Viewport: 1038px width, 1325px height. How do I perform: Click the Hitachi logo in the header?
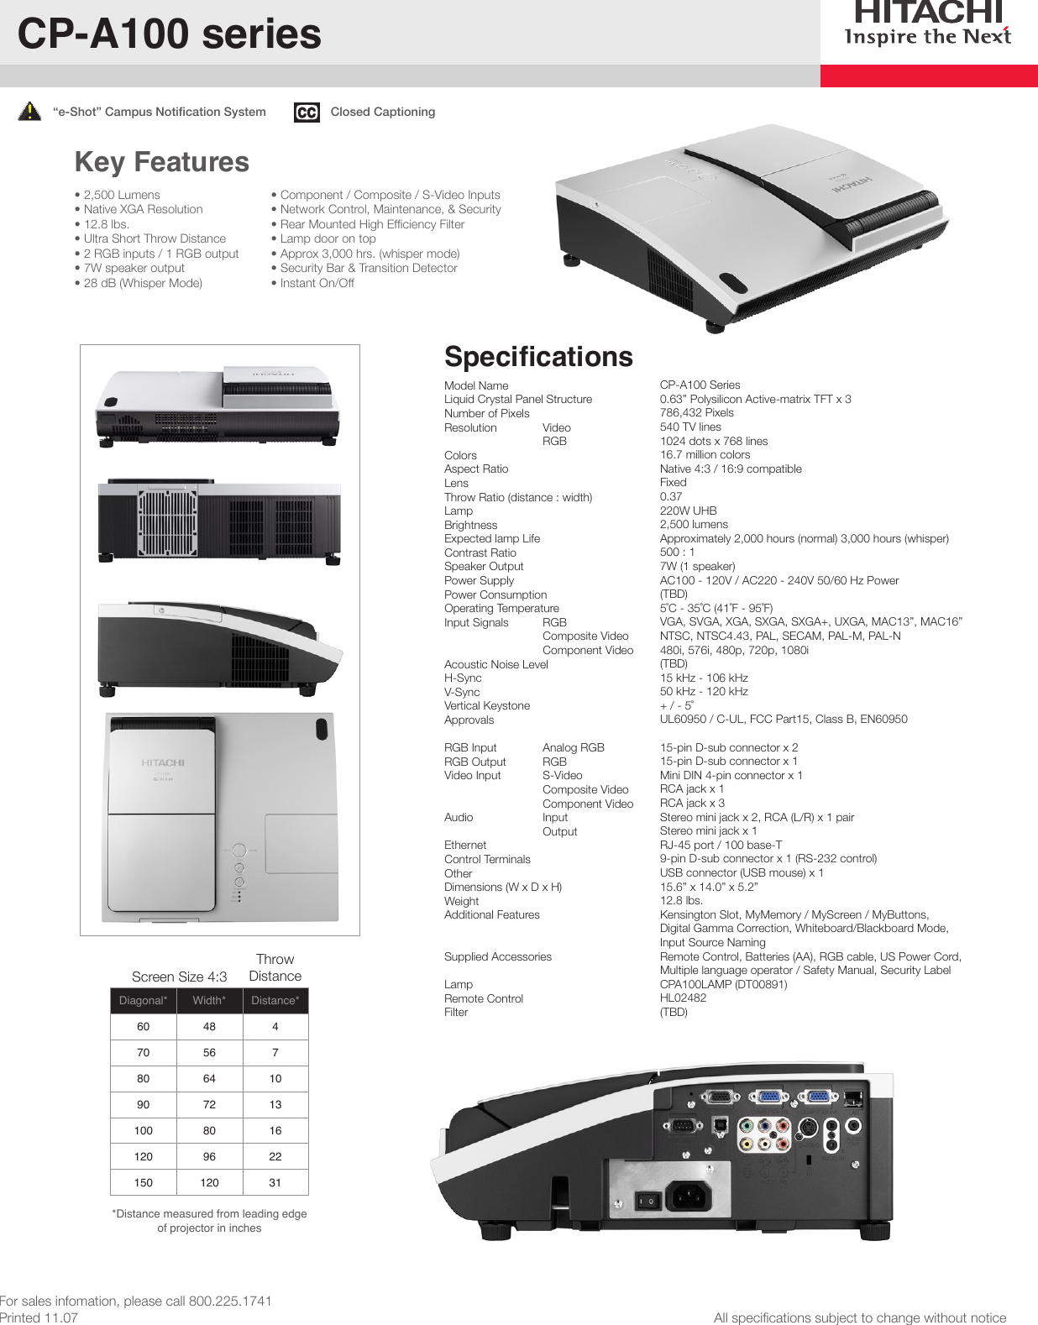[x=928, y=24]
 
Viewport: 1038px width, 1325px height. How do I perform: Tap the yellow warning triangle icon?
[x=29, y=111]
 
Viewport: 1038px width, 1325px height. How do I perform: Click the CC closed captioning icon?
[x=307, y=112]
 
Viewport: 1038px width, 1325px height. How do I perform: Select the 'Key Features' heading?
[x=162, y=161]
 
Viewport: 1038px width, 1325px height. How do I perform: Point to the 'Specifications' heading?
[x=538, y=356]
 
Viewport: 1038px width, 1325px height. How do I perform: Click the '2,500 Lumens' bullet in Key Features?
[x=122, y=195]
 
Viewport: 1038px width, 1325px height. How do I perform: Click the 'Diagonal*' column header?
[x=143, y=1000]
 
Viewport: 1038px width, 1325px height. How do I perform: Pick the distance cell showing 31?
[x=275, y=1182]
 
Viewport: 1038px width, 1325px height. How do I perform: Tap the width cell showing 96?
[x=209, y=1156]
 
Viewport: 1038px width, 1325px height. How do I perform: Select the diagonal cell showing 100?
[x=143, y=1130]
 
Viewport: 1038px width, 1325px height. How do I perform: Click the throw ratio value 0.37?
[x=671, y=496]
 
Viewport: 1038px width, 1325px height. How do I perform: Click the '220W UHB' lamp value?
[x=688, y=511]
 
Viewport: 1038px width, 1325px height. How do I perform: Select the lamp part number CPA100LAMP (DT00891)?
[x=723, y=984]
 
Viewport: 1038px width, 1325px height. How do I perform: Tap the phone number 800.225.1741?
[x=230, y=1301]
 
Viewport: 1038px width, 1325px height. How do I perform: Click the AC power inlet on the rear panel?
[x=689, y=1196]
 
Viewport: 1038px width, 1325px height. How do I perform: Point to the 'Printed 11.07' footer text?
[x=39, y=1317]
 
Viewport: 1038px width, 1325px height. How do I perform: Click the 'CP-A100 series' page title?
[x=170, y=34]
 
